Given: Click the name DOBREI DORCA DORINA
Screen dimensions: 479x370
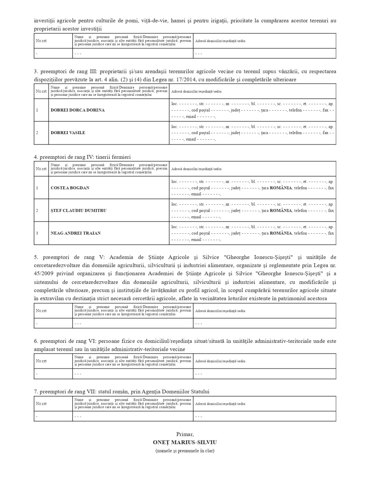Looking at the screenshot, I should coord(78,110).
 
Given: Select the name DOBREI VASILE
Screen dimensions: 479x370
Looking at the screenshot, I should coord(68,133).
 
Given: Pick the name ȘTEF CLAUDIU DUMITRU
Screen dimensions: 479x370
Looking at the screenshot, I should coord(78,210).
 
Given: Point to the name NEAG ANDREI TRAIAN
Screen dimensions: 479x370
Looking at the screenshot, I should coord(76,233).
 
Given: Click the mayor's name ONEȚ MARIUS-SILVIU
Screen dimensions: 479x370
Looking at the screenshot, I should coord(185,442).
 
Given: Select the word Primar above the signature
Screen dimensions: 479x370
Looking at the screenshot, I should coord(185,434).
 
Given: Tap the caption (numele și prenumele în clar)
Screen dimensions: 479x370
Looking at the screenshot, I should coord(185,451).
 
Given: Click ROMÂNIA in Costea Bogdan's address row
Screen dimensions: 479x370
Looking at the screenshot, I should coord(281,188).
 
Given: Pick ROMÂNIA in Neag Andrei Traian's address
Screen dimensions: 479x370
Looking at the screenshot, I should coord(281,233).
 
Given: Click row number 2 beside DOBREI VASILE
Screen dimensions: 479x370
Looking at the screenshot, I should coord(37,133).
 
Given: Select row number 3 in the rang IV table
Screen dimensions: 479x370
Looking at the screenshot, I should coord(37,233).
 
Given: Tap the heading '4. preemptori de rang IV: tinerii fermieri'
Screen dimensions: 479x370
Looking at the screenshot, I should coord(82,157).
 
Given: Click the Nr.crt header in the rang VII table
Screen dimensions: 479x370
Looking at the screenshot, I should coord(41,404).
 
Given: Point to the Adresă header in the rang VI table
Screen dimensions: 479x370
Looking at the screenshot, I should coord(220,361).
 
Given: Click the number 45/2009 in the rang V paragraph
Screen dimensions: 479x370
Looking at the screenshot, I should coord(43,273).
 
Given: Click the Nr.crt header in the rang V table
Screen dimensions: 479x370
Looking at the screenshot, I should coord(41,311).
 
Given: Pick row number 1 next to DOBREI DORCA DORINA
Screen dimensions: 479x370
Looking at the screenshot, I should coord(37,110).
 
